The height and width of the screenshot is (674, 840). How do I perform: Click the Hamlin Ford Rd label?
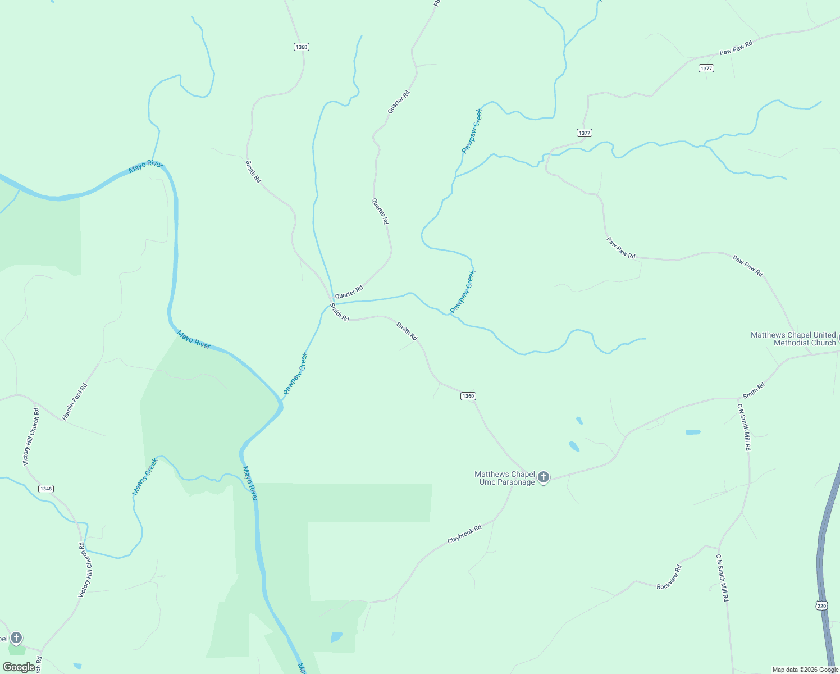pyautogui.click(x=75, y=402)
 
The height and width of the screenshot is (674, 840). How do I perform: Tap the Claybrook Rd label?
pyautogui.click(x=464, y=534)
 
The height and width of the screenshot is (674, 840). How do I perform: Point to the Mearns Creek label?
pyautogui.click(x=145, y=477)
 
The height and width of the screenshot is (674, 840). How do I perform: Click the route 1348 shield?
pyautogui.click(x=46, y=489)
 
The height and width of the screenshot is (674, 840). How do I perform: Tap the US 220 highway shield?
pyautogui.click(x=822, y=605)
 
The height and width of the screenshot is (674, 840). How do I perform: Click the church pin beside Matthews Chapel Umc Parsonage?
pyautogui.click(x=543, y=477)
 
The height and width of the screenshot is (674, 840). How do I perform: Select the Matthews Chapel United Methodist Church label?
pyautogui.click(x=793, y=339)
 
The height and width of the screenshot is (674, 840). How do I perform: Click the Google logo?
pyautogui.click(x=19, y=667)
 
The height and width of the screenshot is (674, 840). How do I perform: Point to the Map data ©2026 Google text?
pyautogui.click(x=805, y=670)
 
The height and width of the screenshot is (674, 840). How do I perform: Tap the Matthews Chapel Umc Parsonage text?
pyautogui.click(x=505, y=478)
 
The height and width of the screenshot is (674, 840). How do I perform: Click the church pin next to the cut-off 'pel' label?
pyautogui.click(x=16, y=637)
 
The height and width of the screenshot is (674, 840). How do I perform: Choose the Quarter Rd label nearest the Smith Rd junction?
pyautogui.click(x=349, y=292)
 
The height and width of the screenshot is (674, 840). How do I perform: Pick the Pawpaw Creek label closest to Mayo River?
pyautogui.click(x=295, y=373)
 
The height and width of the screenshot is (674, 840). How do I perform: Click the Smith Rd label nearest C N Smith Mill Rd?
pyautogui.click(x=754, y=390)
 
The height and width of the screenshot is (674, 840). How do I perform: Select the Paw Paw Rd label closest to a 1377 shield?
pyautogui.click(x=736, y=48)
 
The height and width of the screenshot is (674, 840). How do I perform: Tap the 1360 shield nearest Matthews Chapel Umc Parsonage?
pyautogui.click(x=468, y=396)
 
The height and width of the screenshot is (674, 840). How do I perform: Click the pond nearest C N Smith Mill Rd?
pyautogui.click(x=693, y=432)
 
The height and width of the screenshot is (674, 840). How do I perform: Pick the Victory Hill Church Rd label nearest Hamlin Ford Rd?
pyautogui.click(x=31, y=436)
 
